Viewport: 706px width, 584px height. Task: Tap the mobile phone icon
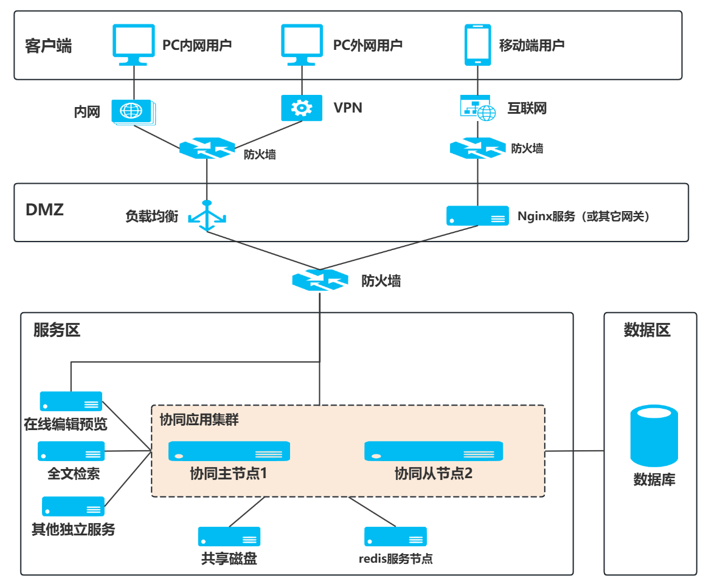[477, 44]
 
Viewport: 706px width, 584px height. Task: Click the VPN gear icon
[301, 108]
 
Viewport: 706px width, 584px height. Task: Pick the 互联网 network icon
[477, 108]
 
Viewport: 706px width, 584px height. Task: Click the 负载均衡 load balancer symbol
[207, 216]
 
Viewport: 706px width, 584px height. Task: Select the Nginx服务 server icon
[477, 216]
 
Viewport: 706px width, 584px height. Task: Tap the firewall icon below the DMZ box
[320, 280]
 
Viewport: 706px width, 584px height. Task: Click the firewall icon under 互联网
[477, 148]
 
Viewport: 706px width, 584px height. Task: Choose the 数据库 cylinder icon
[654, 436]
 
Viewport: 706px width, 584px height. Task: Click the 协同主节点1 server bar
[229, 451]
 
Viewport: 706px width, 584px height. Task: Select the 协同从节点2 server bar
[434, 451]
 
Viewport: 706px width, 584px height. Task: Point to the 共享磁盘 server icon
[229, 537]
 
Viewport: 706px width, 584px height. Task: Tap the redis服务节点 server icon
[395, 537]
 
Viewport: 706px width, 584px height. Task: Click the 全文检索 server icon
[72, 451]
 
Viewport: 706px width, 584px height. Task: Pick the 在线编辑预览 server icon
[71, 401]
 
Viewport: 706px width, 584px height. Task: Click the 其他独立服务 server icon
[73, 507]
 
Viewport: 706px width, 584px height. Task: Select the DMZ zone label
[44, 210]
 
